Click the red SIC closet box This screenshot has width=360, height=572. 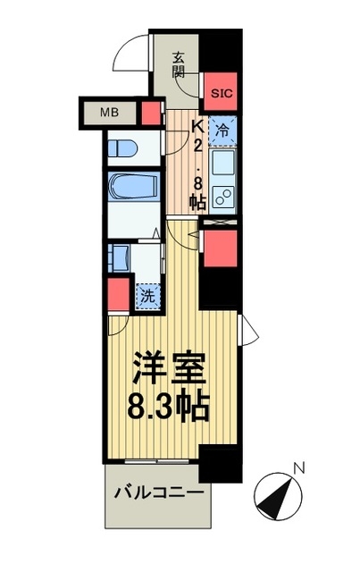(221, 91)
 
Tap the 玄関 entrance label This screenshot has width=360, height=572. (179, 65)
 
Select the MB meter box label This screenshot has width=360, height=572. (109, 113)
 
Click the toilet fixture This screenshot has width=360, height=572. (122, 149)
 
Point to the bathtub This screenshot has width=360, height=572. (134, 186)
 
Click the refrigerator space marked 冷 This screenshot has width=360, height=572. (222, 130)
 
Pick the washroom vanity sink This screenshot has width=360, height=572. (120, 258)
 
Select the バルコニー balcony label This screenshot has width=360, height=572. (159, 492)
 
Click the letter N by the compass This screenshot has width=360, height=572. (299, 468)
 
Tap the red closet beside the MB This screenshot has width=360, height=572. (151, 114)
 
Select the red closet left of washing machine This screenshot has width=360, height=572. (119, 295)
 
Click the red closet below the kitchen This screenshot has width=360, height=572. (220, 248)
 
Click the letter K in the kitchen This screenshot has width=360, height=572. (197, 127)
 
